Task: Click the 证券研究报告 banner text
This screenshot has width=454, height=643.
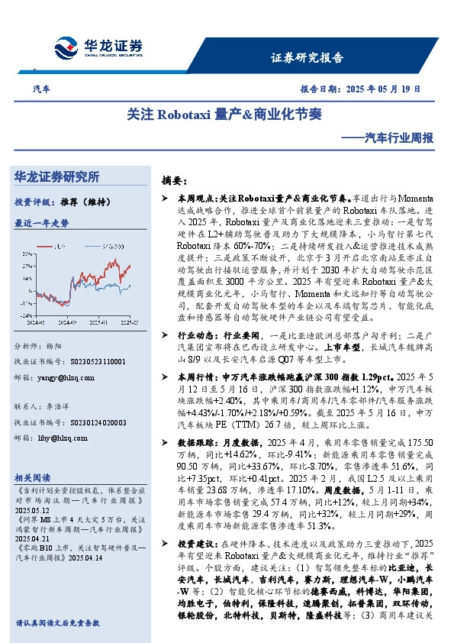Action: click(x=307, y=57)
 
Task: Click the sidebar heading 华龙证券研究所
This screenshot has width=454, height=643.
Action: click(x=57, y=177)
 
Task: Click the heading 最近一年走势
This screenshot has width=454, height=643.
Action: click(x=41, y=223)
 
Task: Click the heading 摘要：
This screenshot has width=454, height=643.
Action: click(x=175, y=181)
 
